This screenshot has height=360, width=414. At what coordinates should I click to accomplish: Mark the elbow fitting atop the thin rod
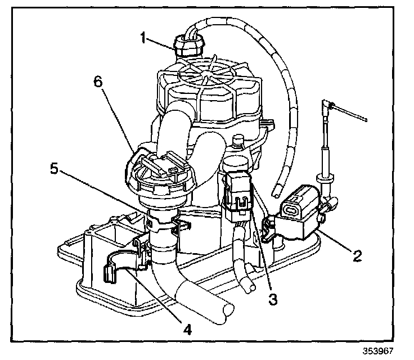coord(327,104)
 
